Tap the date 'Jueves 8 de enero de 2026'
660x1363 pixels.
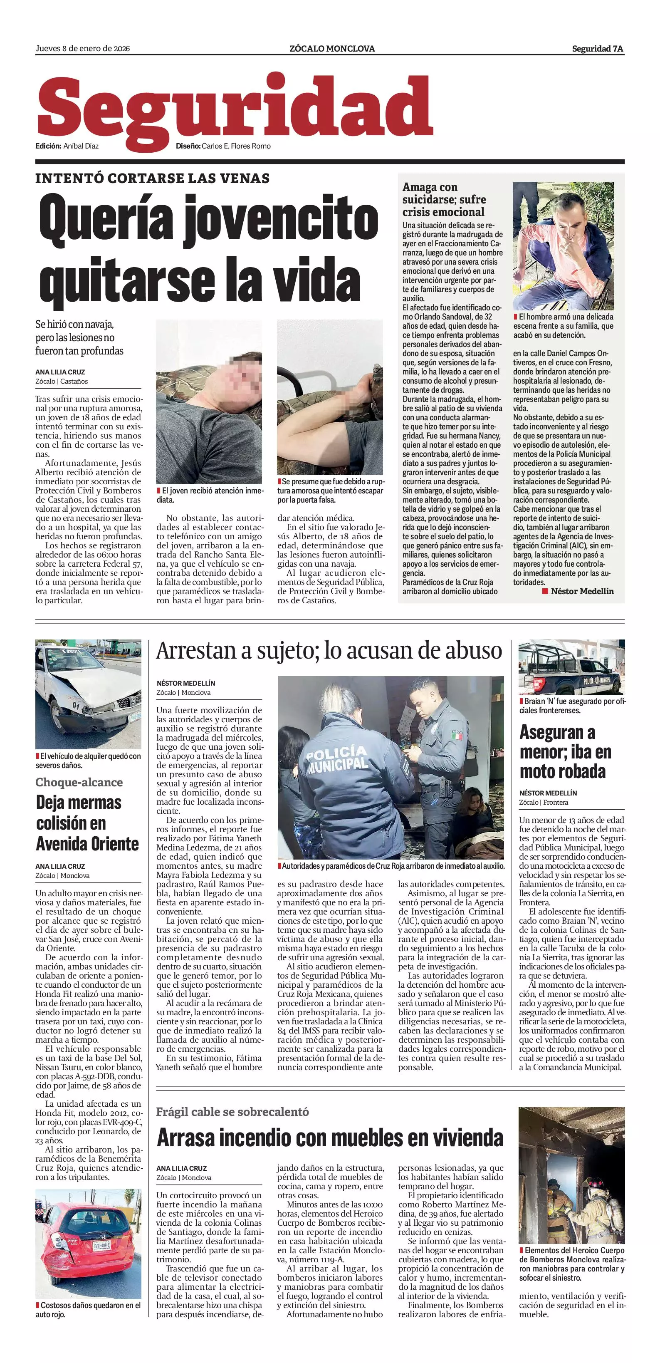click(82, 49)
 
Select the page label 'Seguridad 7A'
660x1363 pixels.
click(597, 49)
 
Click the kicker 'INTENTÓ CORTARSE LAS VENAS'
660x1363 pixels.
click(152, 178)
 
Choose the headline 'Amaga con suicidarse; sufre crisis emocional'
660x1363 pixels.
click(443, 199)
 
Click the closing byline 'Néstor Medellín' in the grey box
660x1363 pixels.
click(582, 591)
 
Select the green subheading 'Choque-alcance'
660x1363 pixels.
click(79, 782)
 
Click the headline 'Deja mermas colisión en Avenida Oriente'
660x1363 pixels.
click(87, 823)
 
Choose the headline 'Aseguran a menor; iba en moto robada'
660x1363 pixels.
click(565, 752)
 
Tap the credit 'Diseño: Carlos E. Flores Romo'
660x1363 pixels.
click(223, 146)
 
